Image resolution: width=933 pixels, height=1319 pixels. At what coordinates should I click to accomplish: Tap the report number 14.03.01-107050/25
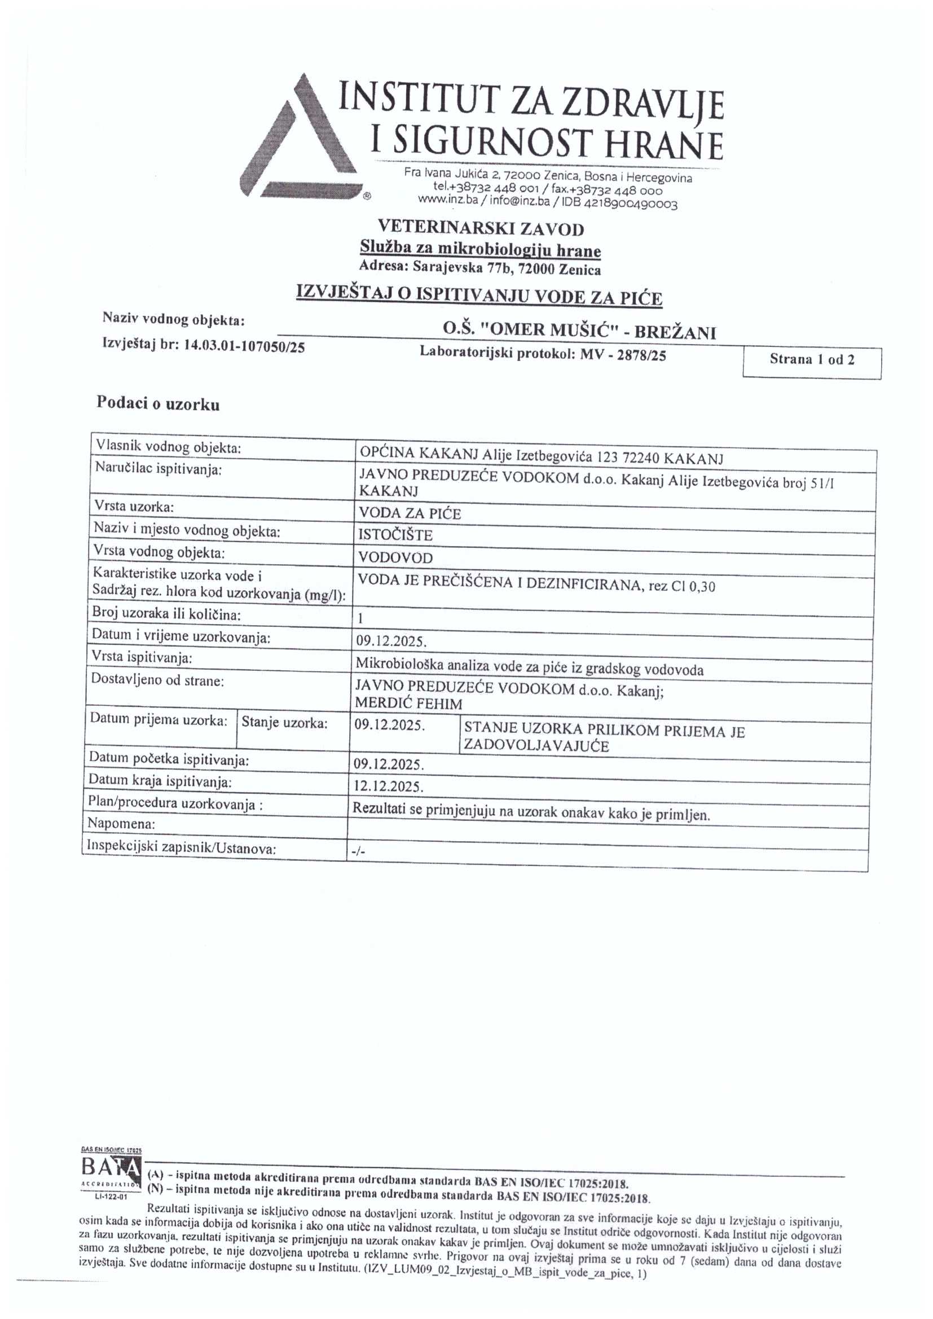click(x=244, y=346)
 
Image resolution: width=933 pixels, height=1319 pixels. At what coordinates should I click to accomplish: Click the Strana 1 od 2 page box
click(x=812, y=360)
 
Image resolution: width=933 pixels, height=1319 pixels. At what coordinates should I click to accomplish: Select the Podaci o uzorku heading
click(x=158, y=404)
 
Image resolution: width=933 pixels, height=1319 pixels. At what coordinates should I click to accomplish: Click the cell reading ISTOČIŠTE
click(x=396, y=535)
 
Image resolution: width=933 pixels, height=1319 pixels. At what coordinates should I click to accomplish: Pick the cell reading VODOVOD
click(x=396, y=557)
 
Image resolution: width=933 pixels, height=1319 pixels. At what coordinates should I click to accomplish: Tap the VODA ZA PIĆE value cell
click(x=410, y=513)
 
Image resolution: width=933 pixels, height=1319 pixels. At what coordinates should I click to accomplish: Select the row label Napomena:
click(x=121, y=823)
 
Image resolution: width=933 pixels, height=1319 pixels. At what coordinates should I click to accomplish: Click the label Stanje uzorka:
click(x=284, y=723)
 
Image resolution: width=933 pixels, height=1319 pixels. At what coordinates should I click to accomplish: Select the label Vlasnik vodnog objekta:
click(x=168, y=447)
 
